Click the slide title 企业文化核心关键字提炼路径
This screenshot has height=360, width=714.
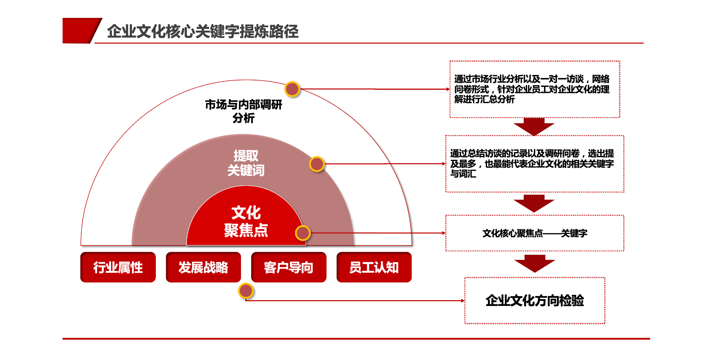tap(203, 32)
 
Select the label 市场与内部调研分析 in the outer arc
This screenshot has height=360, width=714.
tap(244, 111)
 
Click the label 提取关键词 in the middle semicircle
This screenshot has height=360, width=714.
tap(246, 163)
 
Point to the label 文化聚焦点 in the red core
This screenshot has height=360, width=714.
tap(246, 222)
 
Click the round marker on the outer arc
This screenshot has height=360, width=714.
tap(292, 89)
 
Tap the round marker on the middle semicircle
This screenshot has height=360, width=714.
tap(317, 164)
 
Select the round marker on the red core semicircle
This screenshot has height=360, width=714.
tap(303, 233)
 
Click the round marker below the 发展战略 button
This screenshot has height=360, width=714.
tap(246, 291)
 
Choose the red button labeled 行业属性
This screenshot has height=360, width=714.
tap(118, 268)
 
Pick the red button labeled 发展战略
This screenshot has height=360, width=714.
tap(203, 268)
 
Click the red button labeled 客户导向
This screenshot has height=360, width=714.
tap(289, 268)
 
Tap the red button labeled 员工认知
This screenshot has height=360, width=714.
tap(374, 268)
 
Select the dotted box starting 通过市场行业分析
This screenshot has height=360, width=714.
tap(535, 89)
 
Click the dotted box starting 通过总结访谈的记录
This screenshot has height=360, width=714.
tap(535, 164)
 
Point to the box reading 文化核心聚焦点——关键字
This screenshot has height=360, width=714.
tap(535, 233)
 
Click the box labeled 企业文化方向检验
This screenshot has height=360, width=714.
tap(535, 301)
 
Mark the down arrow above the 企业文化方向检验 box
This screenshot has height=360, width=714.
tap(535, 263)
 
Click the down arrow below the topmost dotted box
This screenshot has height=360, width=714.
tap(534, 127)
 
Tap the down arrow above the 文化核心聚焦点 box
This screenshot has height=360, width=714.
tap(534, 203)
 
